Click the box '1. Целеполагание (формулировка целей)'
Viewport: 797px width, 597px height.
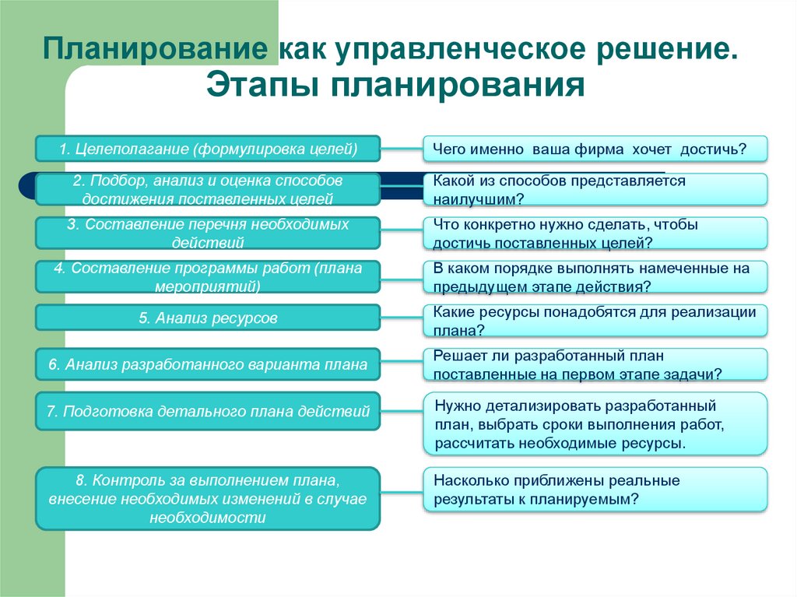pos(208,149)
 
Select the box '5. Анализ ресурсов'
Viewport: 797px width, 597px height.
pos(208,318)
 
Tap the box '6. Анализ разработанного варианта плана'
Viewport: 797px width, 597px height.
pos(208,364)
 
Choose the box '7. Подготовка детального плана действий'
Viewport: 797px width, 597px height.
pos(208,411)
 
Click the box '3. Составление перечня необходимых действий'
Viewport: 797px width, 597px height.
pos(208,233)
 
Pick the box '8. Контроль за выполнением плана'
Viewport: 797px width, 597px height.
pos(208,498)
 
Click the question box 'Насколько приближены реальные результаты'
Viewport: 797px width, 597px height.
pos(595,490)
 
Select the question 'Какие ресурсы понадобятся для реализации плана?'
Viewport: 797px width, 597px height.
pos(595,321)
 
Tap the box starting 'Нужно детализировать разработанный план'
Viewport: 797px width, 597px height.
pos(595,424)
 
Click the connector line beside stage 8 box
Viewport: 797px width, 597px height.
pos(402,491)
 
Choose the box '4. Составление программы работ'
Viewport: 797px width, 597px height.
pos(208,276)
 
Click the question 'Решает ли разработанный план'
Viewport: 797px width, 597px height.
pos(595,365)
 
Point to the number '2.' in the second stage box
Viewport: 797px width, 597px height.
pos(79,181)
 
